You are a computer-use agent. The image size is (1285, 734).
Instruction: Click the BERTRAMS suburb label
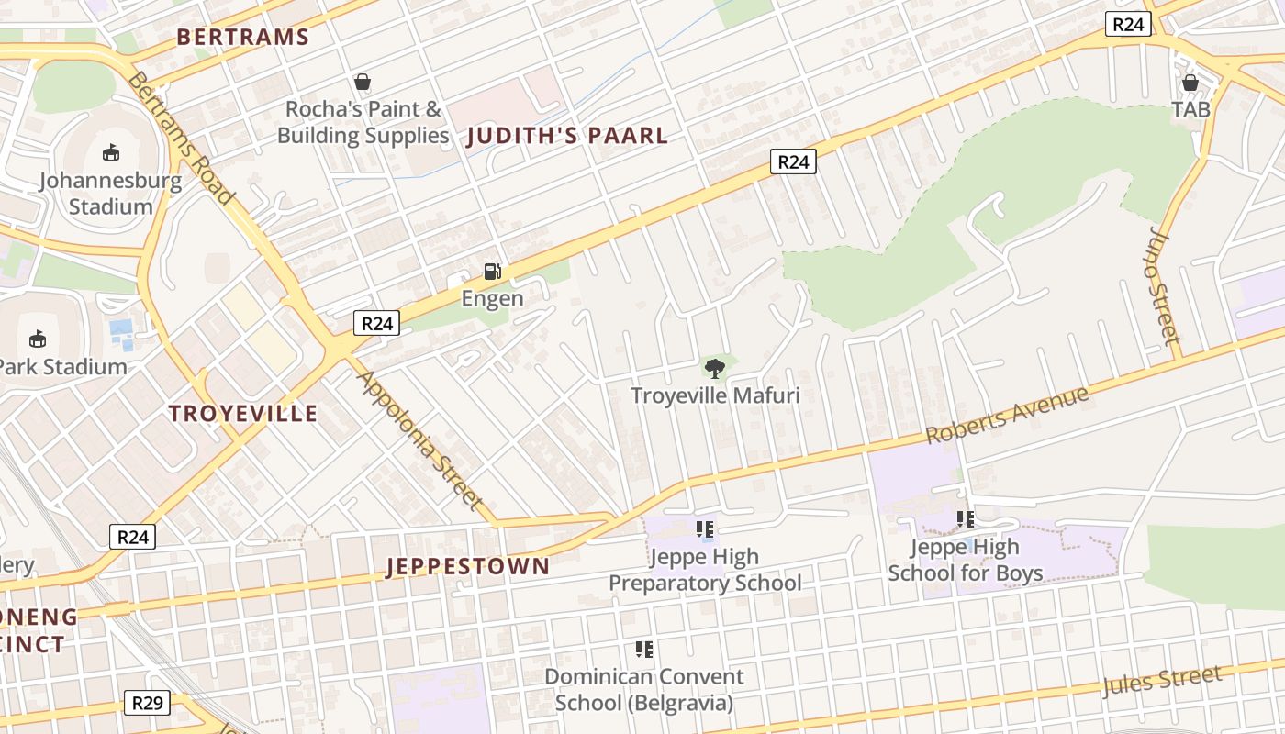pos(242,38)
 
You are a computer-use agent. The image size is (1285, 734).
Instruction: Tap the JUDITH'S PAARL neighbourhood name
pos(567,137)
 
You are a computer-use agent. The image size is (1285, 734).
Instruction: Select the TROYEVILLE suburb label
pos(243,414)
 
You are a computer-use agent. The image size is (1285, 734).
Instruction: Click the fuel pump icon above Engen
pos(493,272)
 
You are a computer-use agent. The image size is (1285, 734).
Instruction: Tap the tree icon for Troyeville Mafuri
pos(714,369)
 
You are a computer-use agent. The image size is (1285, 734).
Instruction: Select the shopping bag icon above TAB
pos(1190,83)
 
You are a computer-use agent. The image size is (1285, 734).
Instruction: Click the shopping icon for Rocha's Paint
pos(363,83)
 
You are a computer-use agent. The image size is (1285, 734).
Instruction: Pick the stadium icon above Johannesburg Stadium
pos(111,152)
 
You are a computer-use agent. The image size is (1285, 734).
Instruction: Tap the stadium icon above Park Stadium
pos(38,339)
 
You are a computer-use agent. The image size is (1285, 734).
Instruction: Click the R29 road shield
pos(147,703)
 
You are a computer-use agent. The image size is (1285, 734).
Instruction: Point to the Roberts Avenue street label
pos(1007,415)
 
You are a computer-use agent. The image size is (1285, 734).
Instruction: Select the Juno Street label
pos(1164,285)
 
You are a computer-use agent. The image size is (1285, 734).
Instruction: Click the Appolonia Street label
pos(419,439)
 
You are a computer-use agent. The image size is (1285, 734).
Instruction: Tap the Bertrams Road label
pos(180,138)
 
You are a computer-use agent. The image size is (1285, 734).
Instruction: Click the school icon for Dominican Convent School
pos(644,650)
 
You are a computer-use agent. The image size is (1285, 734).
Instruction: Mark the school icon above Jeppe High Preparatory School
pos(705,529)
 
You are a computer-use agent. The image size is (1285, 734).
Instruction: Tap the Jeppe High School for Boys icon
pos(966,519)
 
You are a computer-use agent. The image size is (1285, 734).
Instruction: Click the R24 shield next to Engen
pos(376,323)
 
